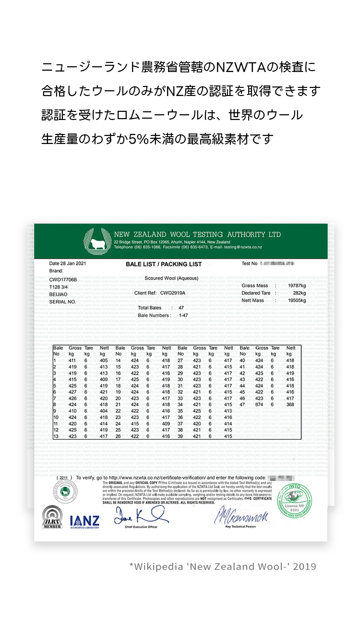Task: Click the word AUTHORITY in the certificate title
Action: (240, 234)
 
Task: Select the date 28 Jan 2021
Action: (68, 264)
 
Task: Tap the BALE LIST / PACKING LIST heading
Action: (163, 264)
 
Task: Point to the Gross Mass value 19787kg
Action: (296, 286)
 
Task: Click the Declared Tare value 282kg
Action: (299, 293)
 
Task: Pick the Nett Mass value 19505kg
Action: (296, 300)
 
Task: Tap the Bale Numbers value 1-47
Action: (183, 315)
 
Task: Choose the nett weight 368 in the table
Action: (290, 404)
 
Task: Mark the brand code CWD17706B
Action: (63, 279)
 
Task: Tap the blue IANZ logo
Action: (84, 521)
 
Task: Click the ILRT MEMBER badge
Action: (52, 517)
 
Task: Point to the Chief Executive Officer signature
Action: (141, 515)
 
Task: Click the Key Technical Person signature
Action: (241, 516)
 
